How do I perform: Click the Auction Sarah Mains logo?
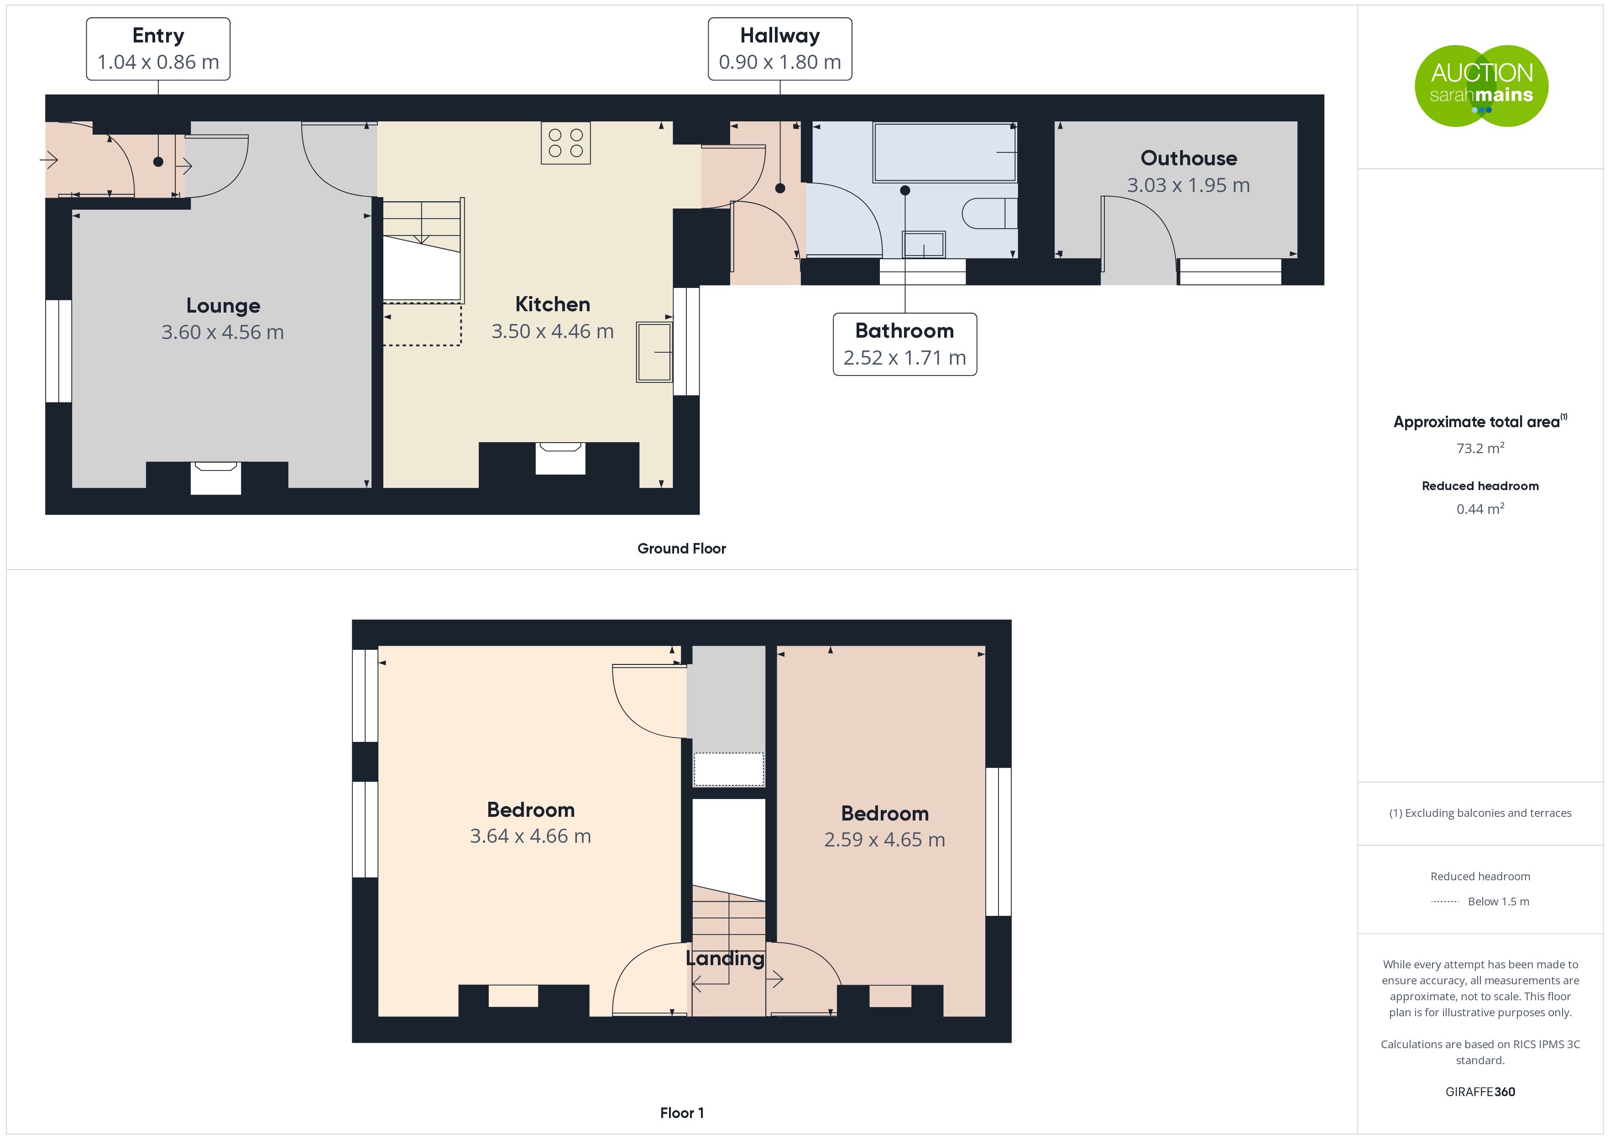(x=1481, y=86)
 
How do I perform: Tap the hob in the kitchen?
(x=566, y=143)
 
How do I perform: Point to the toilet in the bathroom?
(x=989, y=213)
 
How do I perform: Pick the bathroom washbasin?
(x=924, y=245)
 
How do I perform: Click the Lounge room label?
(x=223, y=306)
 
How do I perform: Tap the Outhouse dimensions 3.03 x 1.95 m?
(x=1189, y=185)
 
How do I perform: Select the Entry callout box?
(x=158, y=49)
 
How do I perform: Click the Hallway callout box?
(x=780, y=49)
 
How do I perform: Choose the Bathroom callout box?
(x=904, y=345)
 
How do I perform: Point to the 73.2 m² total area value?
(x=1480, y=448)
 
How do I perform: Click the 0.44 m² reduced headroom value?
(x=1480, y=508)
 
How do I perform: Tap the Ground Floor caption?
(x=682, y=549)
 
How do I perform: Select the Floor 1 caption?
(x=682, y=1113)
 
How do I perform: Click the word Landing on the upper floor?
(x=725, y=959)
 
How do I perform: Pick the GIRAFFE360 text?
(x=1480, y=1092)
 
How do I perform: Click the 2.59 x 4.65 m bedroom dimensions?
(x=884, y=840)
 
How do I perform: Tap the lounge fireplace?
(x=216, y=478)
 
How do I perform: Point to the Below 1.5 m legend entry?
(x=1499, y=902)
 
